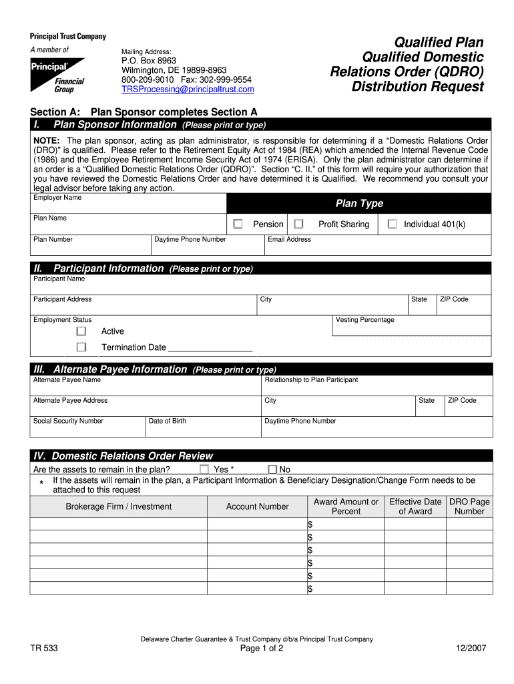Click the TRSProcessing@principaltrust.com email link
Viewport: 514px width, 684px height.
tap(188, 89)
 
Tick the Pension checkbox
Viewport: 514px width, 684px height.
tap(238, 224)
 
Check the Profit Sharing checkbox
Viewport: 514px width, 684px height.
tap(298, 224)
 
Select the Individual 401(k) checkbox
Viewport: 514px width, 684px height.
tap(393, 224)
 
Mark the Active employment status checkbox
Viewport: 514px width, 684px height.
tap(81, 331)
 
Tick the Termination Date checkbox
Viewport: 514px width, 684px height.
tap(81, 347)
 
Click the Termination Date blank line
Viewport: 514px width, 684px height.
tap(210, 347)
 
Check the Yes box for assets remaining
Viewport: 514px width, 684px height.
tap(205, 470)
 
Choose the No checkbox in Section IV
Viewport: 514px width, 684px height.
tap(272, 470)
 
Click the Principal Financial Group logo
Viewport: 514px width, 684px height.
tap(57, 75)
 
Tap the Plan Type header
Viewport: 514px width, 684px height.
tap(359, 204)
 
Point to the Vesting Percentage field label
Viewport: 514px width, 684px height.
tap(365, 320)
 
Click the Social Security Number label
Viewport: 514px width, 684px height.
tap(68, 421)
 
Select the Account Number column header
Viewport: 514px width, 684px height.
tap(257, 506)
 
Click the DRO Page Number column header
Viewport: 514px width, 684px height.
tap(469, 506)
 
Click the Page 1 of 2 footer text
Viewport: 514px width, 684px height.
tap(256, 649)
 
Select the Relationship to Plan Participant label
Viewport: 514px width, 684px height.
tap(311, 379)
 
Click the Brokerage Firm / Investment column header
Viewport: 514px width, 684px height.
tap(118, 506)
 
